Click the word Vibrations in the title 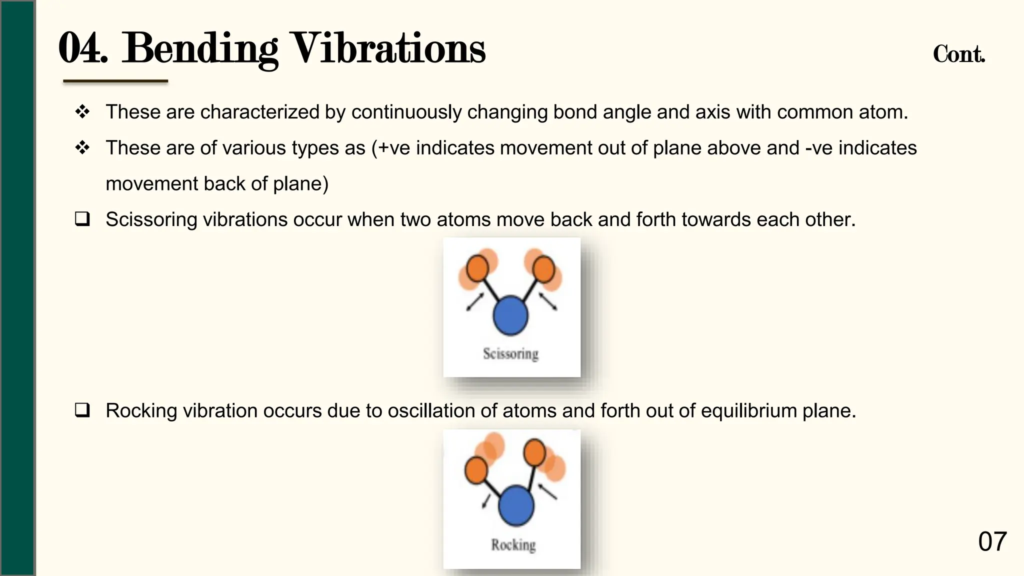click(388, 48)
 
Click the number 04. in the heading click(83, 48)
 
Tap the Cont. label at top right click(958, 54)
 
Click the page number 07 click(992, 541)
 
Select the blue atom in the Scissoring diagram click(510, 315)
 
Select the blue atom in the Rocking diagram click(516, 505)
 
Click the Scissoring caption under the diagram click(510, 353)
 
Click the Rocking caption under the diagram click(513, 544)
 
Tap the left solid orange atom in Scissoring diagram click(477, 268)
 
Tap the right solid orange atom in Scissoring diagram click(543, 268)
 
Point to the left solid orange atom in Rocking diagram click(476, 470)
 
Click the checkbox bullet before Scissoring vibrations click(82, 219)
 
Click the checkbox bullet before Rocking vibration click(82, 410)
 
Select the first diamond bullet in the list click(82, 111)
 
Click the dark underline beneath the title click(115, 81)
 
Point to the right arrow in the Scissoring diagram click(547, 301)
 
